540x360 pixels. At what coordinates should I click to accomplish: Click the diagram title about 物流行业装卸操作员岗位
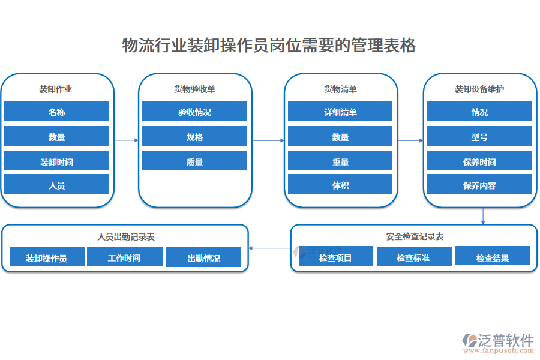pyautogui.click(x=269, y=46)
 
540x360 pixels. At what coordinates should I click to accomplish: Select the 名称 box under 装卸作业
pyautogui.click(x=56, y=112)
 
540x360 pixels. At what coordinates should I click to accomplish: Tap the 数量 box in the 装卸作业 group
pyautogui.click(x=56, y=137)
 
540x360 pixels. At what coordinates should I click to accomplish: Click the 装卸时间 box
pyautogui.click(x=56, y=161)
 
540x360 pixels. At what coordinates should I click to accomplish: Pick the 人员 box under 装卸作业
pyautogui.click(x=56, y=185)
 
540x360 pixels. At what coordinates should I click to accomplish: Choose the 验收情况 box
pyautogui.click(x=194, y=112)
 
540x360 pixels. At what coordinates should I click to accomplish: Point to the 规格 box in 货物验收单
pyautogui.click(x=194, y=137)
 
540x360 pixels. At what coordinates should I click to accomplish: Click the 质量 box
pyautogui.click(x=194, y=161)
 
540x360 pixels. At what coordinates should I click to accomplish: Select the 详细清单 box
pyautogui.click(x=340, y=112)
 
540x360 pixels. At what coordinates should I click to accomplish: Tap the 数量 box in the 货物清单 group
pyautogui.click(x=340, y=137)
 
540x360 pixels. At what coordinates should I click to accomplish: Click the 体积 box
pyautogui.click(x=340, y=185)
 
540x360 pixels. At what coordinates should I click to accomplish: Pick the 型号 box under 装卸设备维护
pyautogui.click(x=479, y=137)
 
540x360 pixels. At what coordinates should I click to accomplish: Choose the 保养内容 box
pyautogui.click(x=479, y=185)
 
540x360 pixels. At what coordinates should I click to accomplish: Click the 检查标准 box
pyautogui.click(x=413, y=257)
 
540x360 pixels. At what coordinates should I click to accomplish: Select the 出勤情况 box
pyautogui.click(x=203, y=258)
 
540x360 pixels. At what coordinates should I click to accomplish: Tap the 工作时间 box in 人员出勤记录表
pyautogui.click(x=124, y=258)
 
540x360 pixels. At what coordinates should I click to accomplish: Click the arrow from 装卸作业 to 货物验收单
pyautogui.click(x=126, y=140)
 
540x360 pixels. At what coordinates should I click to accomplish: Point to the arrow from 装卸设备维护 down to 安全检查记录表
pyautogui.click(x=483, y=216)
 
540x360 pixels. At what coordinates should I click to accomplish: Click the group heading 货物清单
pyautogui.click(x=340, y=89)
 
